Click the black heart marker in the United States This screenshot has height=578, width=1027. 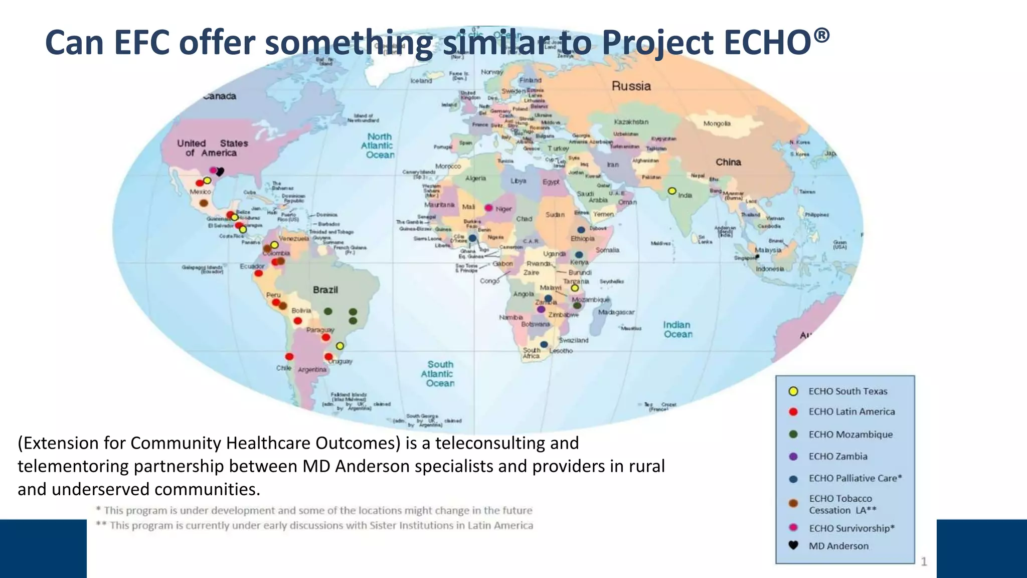(x=220, y=172)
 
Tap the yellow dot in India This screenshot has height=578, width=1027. (x=672, y=191)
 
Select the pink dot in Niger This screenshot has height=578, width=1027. (x=488, y=208)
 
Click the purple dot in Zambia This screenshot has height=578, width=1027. (x=541, y=310)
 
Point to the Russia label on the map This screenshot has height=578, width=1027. (x=631, y=86)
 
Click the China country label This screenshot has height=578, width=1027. (x=728, y=162)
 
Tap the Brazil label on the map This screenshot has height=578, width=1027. (x=325, y=290)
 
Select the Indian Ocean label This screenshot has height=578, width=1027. (x=677, y=330)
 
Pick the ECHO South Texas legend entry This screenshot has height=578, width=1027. (x=847, y=391)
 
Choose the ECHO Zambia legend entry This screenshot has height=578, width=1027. (x=837, y=457)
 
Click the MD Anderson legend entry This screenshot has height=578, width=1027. (x=838, y=546)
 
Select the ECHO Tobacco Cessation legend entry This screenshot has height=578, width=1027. (x=842, y=504)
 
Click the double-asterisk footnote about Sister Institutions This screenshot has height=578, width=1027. (x=314, y=525)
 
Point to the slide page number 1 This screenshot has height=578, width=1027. (x=924, y=561)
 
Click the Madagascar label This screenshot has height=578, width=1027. (x=616, y=312)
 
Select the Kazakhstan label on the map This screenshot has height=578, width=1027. (x=631, y=122)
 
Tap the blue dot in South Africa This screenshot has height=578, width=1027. (x=544, y=345)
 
